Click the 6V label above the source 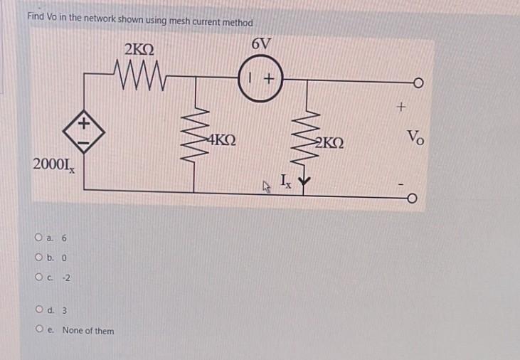[262, 43]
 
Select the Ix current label [285, 181]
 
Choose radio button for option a [37, 238]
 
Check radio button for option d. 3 [37, 310]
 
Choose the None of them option [37, 330]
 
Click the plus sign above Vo [402, 109]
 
